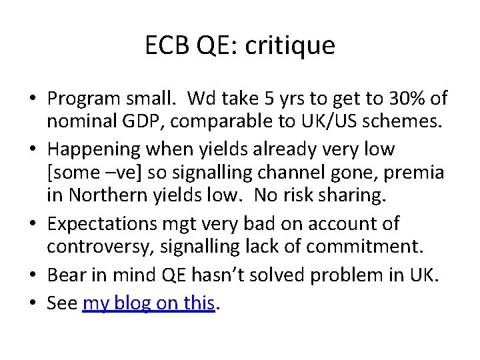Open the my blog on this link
click(x=148, y=303)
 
